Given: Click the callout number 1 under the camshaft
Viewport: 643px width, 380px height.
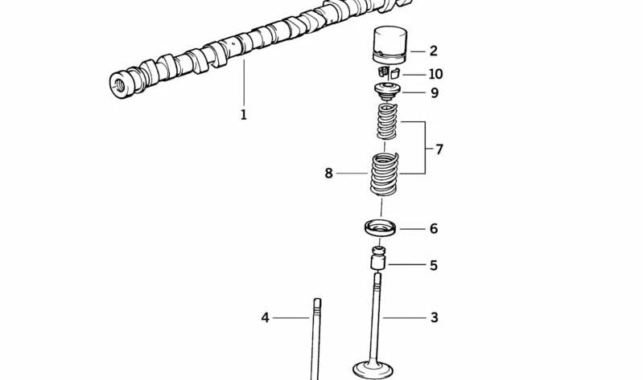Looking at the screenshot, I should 243,115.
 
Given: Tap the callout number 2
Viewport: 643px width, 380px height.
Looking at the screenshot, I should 433,51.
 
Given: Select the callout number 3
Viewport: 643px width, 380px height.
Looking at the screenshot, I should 434,317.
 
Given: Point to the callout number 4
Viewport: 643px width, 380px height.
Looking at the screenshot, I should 265,317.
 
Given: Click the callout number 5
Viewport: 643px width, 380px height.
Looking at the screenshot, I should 433,265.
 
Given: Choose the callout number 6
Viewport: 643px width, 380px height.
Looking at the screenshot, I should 433,229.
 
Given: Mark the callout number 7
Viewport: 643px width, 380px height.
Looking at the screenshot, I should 439,149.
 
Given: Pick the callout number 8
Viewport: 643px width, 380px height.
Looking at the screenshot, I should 328,173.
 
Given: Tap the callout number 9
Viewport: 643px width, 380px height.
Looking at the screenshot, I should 434,92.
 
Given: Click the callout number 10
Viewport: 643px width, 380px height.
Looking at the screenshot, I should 435,74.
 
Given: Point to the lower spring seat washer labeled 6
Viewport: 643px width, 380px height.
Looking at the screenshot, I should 381,228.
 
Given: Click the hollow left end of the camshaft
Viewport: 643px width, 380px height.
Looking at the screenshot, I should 122,82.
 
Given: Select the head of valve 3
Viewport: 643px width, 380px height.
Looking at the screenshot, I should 374,370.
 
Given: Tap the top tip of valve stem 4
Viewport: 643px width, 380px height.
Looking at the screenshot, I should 317,302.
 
